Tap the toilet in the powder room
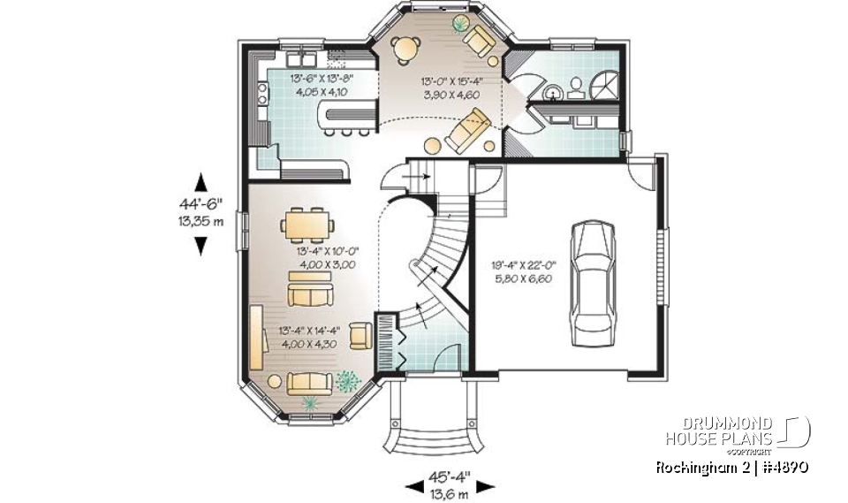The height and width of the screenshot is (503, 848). [575, 86]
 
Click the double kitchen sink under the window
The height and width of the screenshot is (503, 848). [301, 59]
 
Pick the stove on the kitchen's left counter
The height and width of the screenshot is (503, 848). [262, 93]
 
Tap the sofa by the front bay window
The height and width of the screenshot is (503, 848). [310, 383]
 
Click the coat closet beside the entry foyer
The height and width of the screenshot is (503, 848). [390, 339]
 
